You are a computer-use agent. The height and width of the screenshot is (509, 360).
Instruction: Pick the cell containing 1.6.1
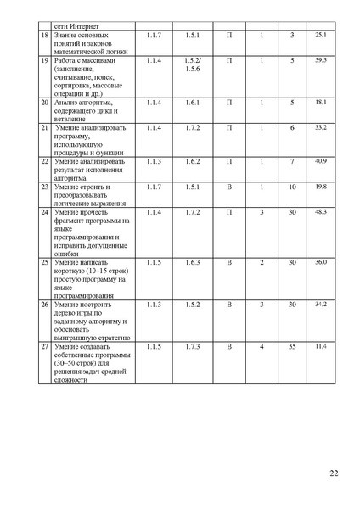(191, 102)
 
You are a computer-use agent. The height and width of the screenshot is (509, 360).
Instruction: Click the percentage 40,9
(320, 160)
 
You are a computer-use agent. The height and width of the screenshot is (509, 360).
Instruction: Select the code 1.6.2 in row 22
(191, 160)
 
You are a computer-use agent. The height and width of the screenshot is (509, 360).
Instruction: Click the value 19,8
(320, 186)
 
